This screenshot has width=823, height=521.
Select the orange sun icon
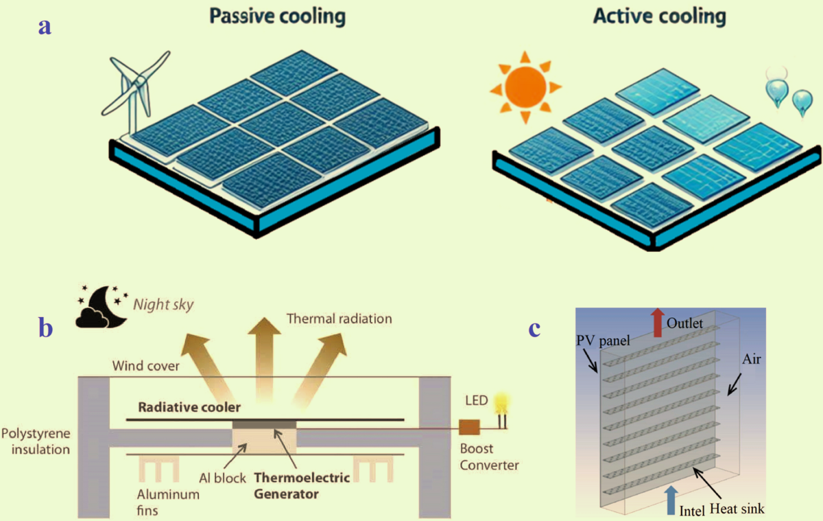click(525, 87)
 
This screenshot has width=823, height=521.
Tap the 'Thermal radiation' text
click(339, 319)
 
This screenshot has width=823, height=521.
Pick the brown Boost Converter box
click(469, 428)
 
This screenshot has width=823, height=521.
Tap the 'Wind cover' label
click(145, 366)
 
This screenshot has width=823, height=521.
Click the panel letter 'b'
click(46, 328)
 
